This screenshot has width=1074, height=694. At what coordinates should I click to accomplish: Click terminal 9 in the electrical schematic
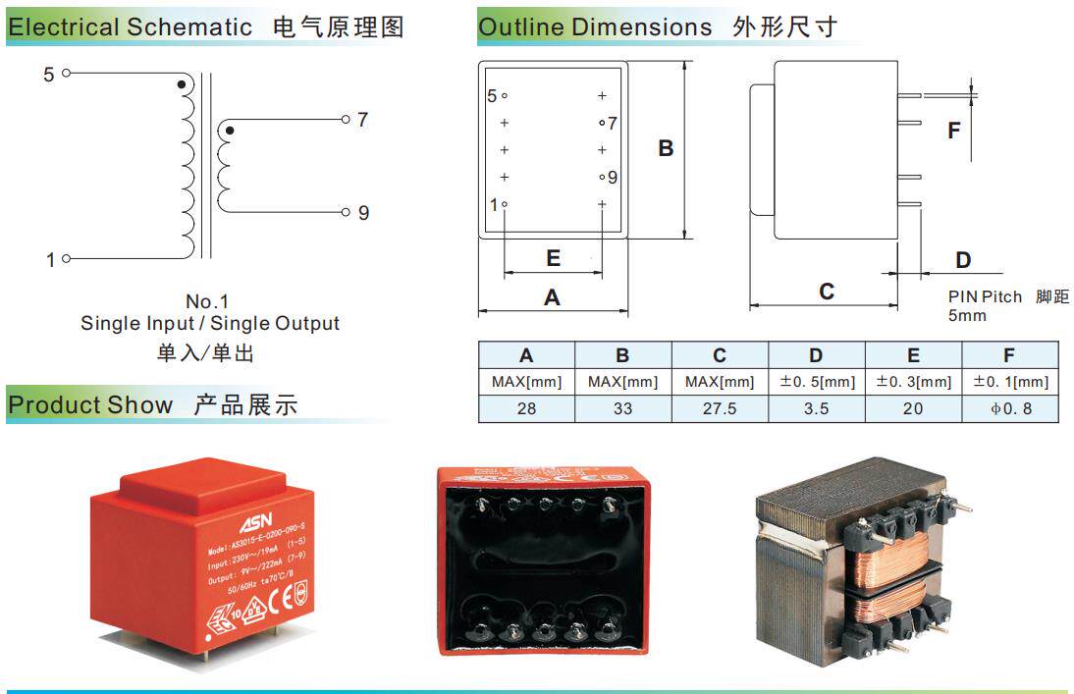346,213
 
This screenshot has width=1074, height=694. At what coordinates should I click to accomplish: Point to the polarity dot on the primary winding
181,85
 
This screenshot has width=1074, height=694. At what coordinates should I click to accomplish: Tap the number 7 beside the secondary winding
362,120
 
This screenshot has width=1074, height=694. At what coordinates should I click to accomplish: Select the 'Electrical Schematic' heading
130,27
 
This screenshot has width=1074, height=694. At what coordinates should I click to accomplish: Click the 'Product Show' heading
90,404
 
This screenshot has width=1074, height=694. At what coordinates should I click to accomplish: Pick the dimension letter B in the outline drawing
666,149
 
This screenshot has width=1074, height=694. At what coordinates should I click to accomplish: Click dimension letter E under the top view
553,258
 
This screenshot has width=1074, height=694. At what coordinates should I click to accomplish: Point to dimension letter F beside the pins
953,130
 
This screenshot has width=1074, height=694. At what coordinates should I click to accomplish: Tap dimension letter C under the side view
827,292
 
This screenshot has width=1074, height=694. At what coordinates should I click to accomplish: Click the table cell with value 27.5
720,408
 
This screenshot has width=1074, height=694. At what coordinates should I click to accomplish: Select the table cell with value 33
622,408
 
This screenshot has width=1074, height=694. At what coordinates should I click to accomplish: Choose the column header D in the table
816,355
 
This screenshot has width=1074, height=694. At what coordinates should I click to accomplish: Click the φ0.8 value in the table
1010,408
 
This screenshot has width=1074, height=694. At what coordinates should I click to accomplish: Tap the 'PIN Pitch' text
985,296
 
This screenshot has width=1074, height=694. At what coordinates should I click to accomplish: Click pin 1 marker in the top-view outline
504,204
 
